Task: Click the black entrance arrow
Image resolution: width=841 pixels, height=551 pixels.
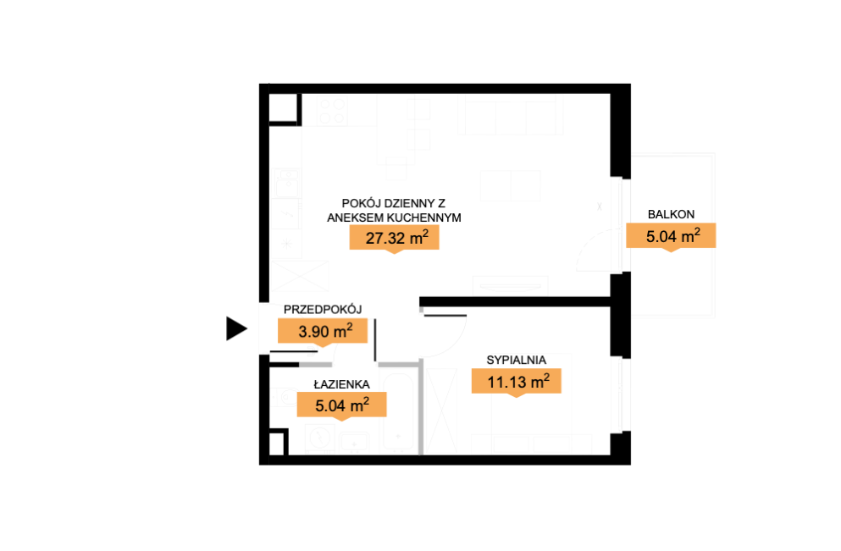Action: pos(236,328)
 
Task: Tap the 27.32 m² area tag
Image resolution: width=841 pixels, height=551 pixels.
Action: pos(394,238)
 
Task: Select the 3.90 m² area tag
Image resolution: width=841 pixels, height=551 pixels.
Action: pos(323,331)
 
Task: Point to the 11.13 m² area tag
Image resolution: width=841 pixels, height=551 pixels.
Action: pos(517,382)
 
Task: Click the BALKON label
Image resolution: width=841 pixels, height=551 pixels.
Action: pos(671,214)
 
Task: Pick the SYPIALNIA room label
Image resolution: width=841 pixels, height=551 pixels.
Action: pos(516,361)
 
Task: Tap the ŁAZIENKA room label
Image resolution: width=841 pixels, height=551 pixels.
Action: pos(341,383)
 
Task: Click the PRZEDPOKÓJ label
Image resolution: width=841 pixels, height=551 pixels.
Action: pos(323,309)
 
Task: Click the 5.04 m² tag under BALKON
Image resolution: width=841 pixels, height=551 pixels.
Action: pos(671,236)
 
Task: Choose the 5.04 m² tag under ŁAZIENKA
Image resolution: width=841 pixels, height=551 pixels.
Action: pos(341,405)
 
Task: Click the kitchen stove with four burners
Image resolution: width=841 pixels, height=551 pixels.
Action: pos(333,111)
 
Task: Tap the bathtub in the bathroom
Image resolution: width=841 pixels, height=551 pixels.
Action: pos(398,411)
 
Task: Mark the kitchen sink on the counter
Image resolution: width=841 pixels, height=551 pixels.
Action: pos(287,182)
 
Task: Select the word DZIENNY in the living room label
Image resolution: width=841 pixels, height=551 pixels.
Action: pos(403,203)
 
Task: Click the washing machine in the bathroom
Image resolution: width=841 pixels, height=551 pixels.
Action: pos(320,438)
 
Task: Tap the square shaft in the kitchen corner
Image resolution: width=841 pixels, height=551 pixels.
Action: pos(283,109)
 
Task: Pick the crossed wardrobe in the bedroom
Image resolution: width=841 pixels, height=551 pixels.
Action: pos(442,411)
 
